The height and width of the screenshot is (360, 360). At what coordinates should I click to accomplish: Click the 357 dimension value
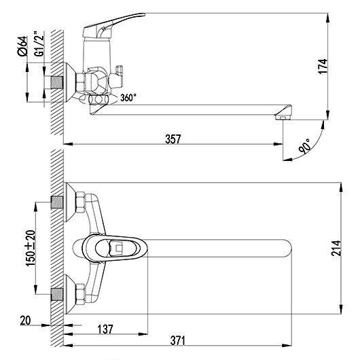point(173,139)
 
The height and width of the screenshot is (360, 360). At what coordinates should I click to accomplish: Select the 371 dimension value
point(178,341)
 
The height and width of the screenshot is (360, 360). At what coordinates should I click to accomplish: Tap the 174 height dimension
point(323,67)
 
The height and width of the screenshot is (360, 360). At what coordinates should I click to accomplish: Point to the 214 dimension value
point(336,248)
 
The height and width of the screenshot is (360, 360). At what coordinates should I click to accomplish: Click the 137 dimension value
point(105,329)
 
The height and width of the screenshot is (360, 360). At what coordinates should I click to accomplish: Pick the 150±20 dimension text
point(31,248)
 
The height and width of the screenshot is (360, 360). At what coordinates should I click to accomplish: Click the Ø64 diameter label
point(22,46)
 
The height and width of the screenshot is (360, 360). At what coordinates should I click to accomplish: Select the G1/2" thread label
point(39,43)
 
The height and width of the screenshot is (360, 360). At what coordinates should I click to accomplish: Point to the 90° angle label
point(305,146)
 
